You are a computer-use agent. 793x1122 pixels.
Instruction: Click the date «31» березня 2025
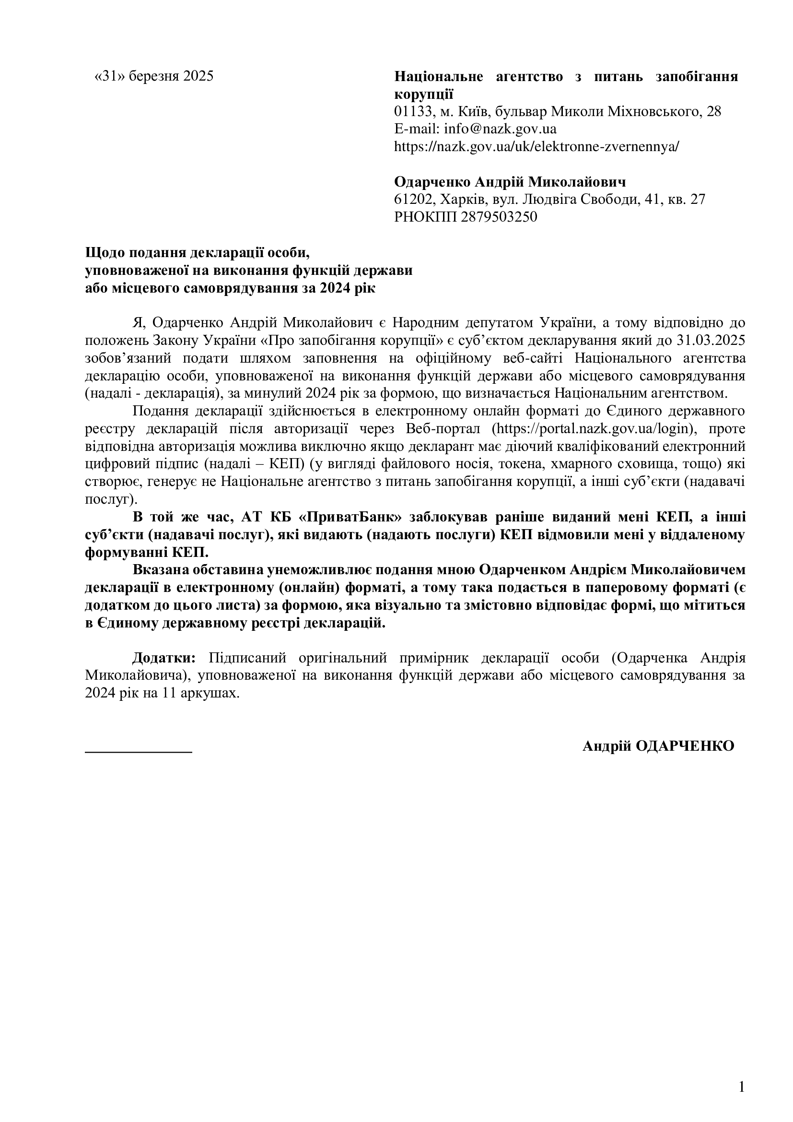(x=154, y=76)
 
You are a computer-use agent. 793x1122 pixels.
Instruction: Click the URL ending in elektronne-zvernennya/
(x=536, y=147)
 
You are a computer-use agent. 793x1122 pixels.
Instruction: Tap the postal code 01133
(x=413, y=111)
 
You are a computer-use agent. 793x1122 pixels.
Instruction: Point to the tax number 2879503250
(x=499, y=217)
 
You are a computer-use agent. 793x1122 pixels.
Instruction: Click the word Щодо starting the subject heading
(x=104, y=253)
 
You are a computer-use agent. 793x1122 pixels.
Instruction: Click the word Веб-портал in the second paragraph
(x=446, y=429)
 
